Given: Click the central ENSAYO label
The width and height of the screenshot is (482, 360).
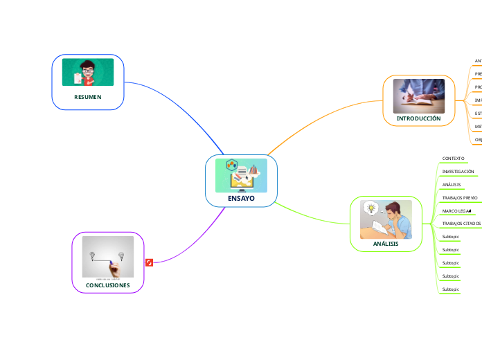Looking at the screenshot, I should click(x=241, y=199).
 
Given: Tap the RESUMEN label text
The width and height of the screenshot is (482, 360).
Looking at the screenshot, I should click(x=88, y=98).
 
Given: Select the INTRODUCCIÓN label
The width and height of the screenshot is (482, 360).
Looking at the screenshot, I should click(x=418, y=119).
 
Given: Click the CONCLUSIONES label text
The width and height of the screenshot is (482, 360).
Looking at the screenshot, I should click(x=107, y=285).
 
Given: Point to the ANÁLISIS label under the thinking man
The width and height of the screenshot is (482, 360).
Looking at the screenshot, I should click(x=386, y=244).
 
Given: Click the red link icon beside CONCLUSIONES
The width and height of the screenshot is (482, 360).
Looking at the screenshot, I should click(x=149, y=262).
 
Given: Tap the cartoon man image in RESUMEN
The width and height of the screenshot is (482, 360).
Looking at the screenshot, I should click(x=88, y=73).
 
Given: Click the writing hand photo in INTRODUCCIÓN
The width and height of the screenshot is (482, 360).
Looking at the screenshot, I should click(x=418, y=96).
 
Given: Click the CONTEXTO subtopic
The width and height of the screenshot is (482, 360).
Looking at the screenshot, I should click(x=453, y=159).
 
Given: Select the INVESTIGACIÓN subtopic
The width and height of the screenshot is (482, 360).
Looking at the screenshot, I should click(x=458, y=171).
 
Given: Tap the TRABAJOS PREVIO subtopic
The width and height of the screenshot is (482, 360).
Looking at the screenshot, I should click(x=460, y=198).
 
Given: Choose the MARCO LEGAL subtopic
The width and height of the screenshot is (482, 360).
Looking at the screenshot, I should click(x=456, y=210).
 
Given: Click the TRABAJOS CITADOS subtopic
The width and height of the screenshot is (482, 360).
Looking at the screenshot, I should click(x=461, y=224).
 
